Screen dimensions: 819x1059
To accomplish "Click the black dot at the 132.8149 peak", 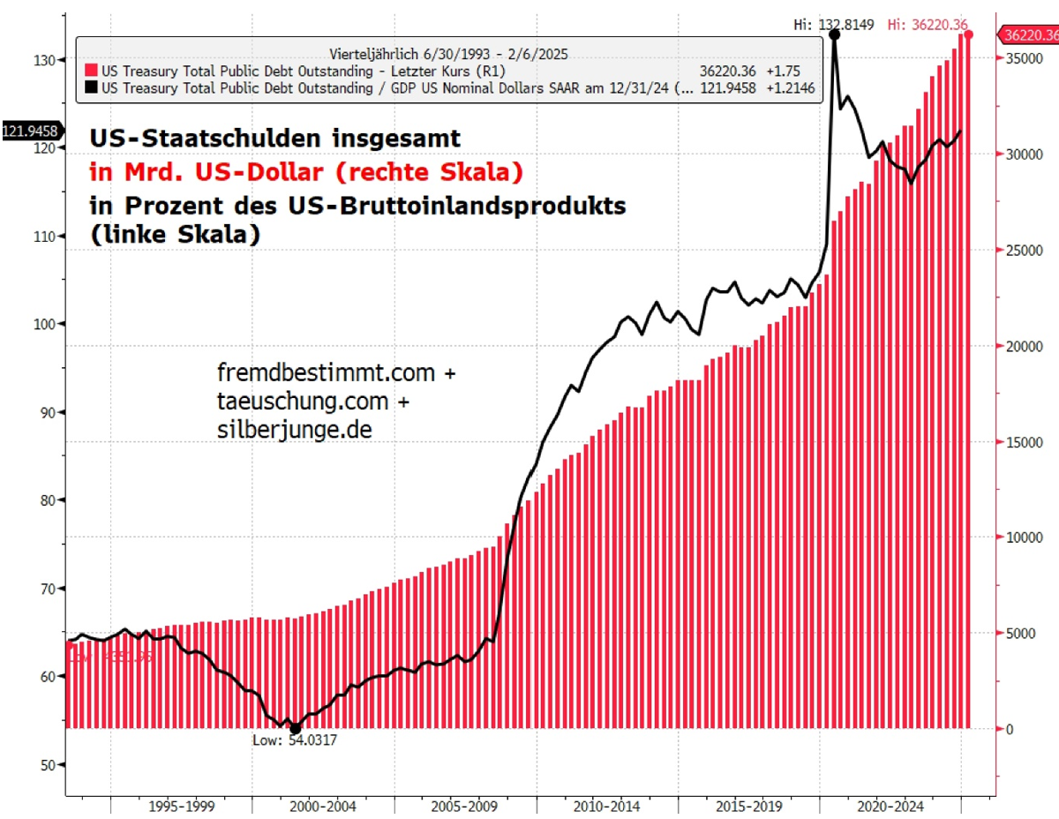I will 834,34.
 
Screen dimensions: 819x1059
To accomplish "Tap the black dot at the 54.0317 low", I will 295,728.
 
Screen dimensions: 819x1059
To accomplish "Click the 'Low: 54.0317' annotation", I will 295,741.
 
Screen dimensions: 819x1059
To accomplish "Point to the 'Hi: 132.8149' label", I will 833,25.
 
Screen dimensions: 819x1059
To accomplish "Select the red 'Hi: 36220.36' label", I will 928,25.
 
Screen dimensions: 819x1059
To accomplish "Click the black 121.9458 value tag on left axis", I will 30,131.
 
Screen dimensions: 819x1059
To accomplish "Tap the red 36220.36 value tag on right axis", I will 1028,35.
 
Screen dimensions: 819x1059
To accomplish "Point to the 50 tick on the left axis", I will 48,764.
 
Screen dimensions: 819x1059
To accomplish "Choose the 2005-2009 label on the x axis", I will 463,807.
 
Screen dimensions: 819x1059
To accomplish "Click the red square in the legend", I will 90,71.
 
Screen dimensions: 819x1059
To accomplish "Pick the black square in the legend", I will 90,88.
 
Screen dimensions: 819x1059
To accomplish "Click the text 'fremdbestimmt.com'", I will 326,373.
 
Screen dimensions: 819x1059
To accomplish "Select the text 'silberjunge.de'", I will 293,429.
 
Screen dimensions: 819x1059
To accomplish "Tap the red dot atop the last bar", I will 968,34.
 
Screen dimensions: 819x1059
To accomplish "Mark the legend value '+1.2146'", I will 792,88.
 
